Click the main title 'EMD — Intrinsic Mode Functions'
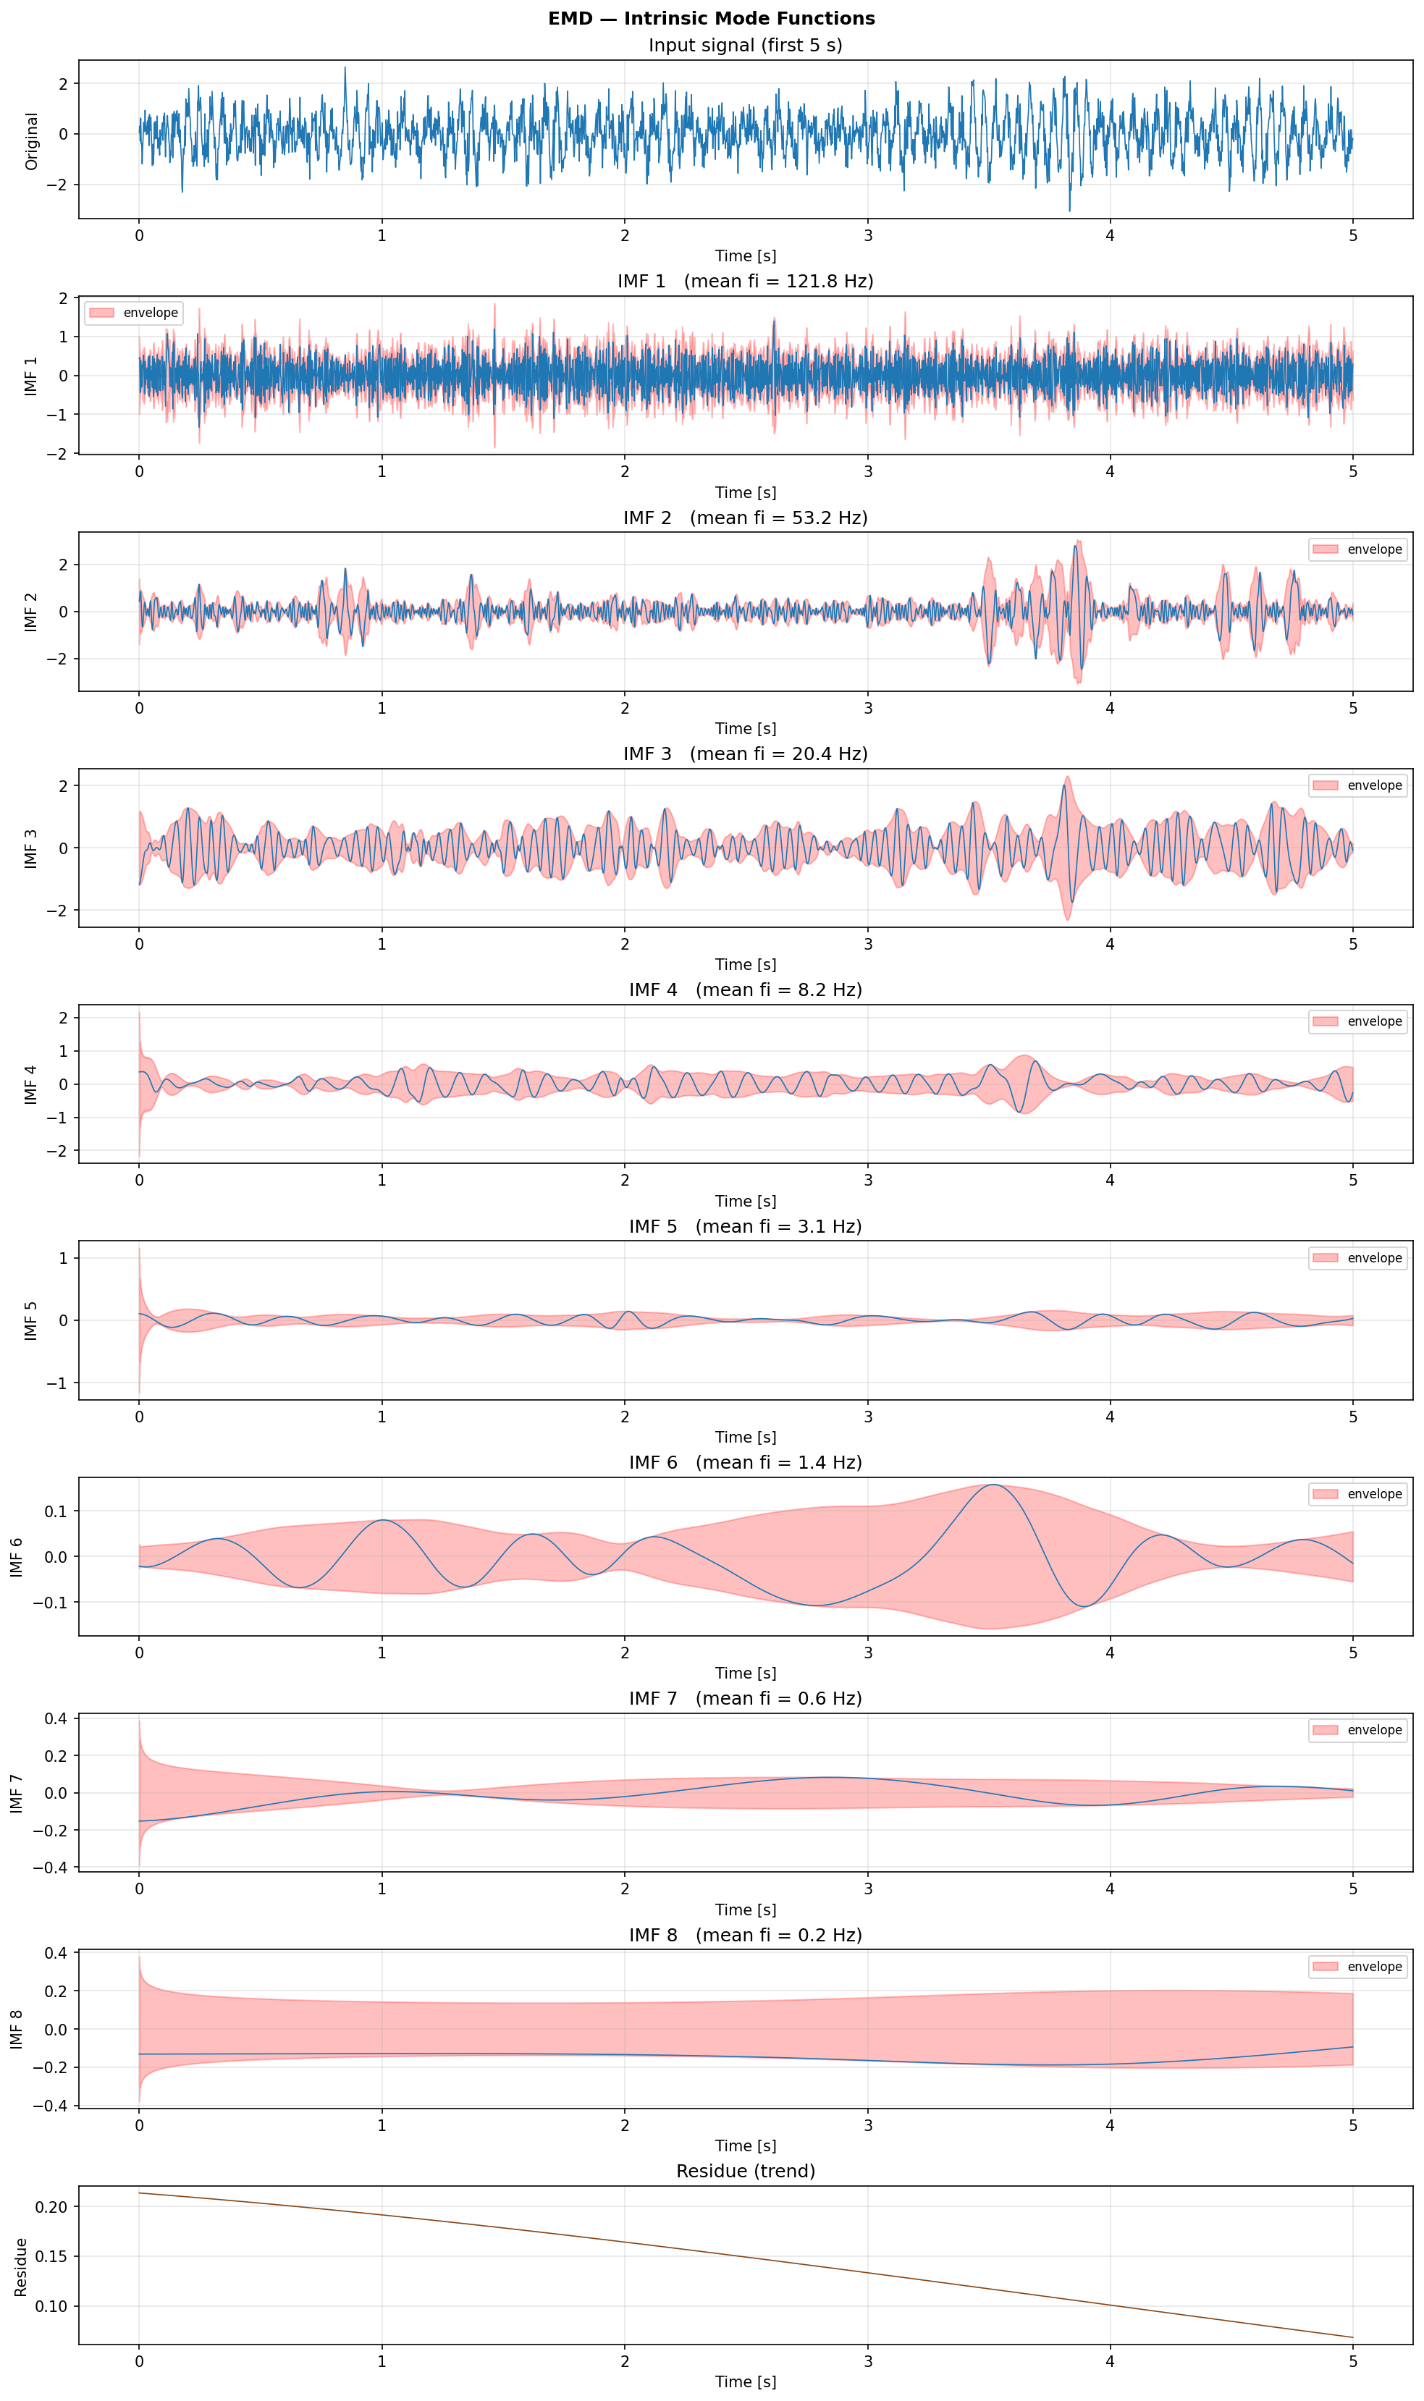tap(711, 18)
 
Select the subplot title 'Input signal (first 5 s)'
tap(745, 45)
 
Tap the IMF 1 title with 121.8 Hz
tap(745, 281)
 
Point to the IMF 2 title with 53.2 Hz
tap(745, 518)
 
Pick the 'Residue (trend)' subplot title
tap(745, 2171)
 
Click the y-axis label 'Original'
tap(32, 141)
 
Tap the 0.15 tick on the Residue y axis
tap(52, 2256)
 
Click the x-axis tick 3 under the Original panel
tap(867, 235)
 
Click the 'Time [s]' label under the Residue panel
tap(745, 2381)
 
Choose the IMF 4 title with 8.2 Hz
tap(745, 990)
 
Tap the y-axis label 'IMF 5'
tap(32, 1321)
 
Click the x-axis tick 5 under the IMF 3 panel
tap(1352, 944)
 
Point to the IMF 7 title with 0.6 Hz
tap(745, 1699)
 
